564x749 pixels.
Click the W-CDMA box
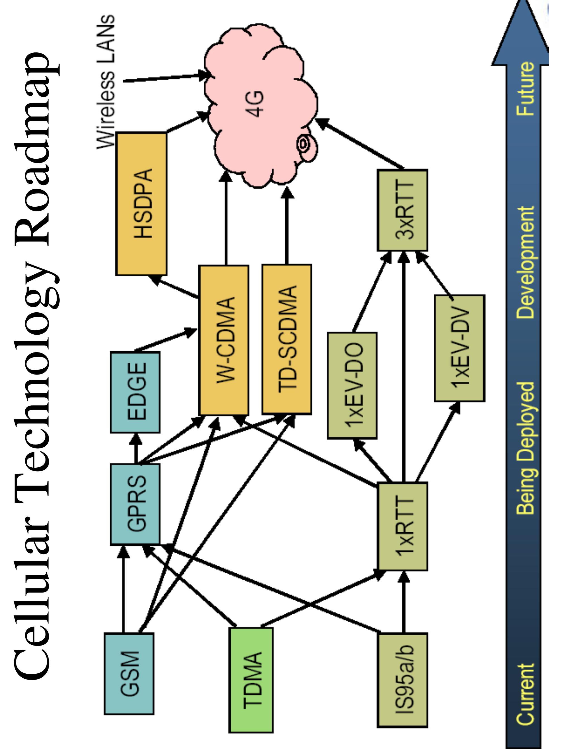(224, 340)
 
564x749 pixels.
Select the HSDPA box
(141, 204)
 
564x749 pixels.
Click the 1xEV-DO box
(352, 385)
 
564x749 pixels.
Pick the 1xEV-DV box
(460, 348)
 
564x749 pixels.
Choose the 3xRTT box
(402, 210)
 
